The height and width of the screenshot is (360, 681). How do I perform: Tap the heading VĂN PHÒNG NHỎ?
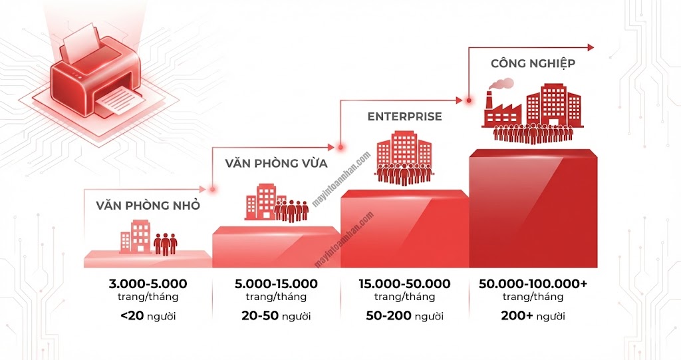[148, 205]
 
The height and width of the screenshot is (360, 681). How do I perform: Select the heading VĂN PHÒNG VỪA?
[275, 162]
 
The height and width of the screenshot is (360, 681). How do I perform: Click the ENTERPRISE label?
[404, 116]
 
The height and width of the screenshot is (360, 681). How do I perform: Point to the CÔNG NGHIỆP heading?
[533, 64]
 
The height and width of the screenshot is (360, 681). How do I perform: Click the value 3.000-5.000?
[148, 284]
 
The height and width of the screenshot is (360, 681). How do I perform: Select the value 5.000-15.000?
[276, 284]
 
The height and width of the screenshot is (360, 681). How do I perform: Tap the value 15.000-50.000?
[404, 284]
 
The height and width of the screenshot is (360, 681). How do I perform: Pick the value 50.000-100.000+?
[533, 284]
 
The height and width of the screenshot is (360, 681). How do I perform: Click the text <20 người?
[148, 316]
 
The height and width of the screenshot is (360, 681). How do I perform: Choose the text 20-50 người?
[276, 316]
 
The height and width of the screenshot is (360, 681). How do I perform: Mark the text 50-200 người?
[404, 316]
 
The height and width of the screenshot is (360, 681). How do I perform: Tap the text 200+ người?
[533, 316]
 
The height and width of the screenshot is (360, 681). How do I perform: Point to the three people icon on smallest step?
[165, 244]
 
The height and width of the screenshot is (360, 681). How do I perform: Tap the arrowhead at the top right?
[589, 47]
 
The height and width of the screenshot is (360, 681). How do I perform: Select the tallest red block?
[533, 210]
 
